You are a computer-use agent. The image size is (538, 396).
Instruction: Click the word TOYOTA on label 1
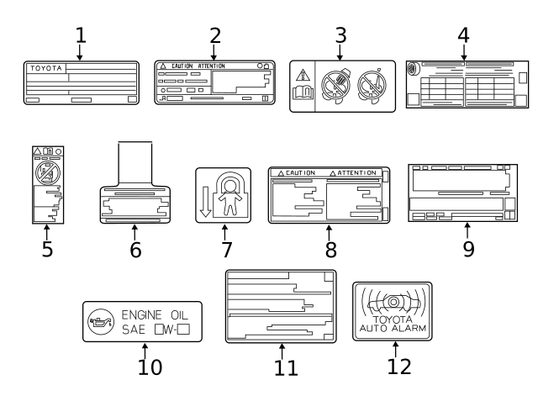click(x=42, y=67)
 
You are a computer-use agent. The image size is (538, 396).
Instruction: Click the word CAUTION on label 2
click(x=185, y=66)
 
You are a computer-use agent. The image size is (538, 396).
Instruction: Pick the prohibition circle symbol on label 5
click(x=45, y=174)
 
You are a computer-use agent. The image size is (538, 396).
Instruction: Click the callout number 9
click(x=468, y=250)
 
